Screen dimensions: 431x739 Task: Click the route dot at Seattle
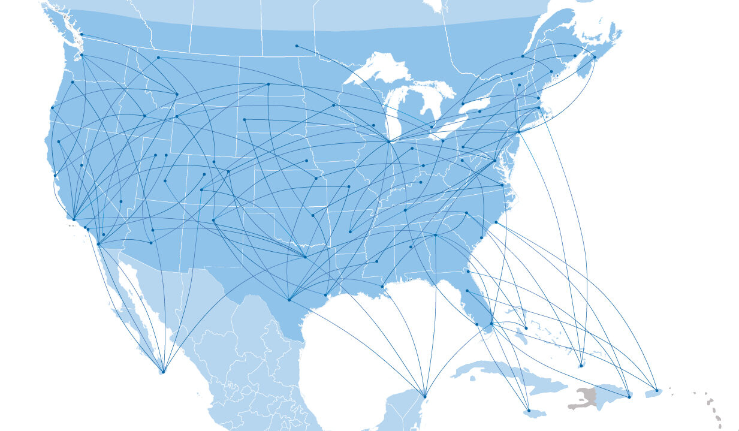tap(82, 55)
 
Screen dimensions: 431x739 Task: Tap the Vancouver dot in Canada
tap(82, 34)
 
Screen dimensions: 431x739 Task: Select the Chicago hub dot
tap(390, 141)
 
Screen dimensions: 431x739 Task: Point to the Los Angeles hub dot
tap(74, 219)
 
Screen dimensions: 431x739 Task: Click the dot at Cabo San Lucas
tap(162, 372)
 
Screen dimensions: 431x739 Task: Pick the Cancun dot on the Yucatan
tap(424, 396)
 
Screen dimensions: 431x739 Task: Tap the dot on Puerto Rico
tap(656, 391)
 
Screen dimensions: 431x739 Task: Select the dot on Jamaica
tap(529, 411)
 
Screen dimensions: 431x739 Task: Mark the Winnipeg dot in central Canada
tap(296, 46)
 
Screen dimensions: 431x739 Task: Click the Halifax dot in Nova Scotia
tap(595, 58)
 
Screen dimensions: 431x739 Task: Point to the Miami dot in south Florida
tap(491, 324)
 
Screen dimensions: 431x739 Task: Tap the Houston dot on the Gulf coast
tap(325, 295)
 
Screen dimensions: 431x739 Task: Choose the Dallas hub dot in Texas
tap(305, 257)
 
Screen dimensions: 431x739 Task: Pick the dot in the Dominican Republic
tap(629, 397)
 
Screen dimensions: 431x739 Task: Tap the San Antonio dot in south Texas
tap(289, 300)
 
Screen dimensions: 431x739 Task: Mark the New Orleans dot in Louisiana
tap(382, 287)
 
